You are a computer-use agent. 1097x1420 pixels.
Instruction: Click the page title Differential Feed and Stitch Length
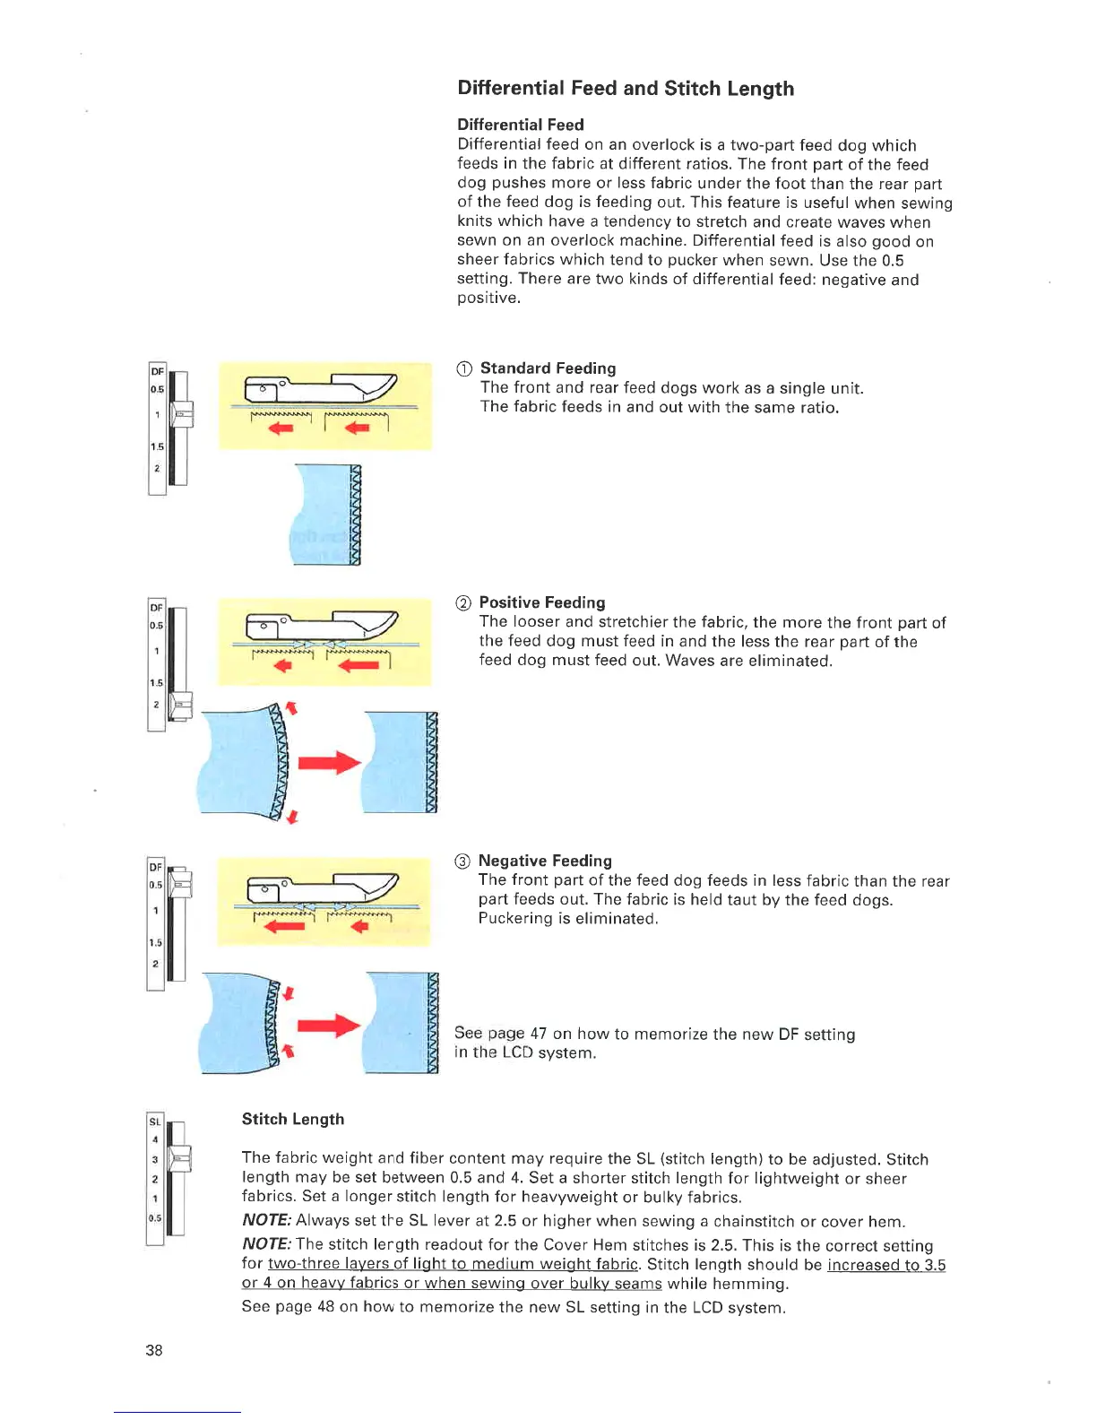click(x=626, y=88)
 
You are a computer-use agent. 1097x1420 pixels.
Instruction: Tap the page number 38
click(x=154, y=1350)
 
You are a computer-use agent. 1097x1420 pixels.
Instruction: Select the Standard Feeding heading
click(x=548, y=368)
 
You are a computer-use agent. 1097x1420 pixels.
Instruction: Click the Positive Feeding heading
click(x=541, y=602)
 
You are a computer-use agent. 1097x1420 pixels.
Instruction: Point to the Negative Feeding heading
click(x=544, y=861)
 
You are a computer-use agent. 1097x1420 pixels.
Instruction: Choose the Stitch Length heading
click(x=293, y=1119)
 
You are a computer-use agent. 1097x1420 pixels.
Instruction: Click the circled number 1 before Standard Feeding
click(x=463, y=369)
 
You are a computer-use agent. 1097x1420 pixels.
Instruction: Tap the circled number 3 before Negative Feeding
click(x=462, y=862)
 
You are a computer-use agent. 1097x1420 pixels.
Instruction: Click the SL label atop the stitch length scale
click(x=155, y=1121)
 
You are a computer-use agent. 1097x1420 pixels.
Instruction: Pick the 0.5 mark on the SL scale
click(x=155, y=1217)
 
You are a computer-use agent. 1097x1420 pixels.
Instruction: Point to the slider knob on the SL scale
click(x=179, y=1159)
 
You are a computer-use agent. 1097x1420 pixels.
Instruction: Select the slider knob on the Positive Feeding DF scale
click(x=180, y=706)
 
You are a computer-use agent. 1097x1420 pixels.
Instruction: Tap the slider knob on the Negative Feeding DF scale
click(x=179, y=884)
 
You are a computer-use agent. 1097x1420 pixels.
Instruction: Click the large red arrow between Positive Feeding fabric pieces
click(x=328, y=763)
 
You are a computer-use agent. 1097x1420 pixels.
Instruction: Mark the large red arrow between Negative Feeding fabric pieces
click(x=328, y=1026)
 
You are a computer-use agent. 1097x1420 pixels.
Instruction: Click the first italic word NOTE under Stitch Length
click(x=266, y=1221)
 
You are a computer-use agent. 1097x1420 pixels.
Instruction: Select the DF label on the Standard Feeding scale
click(x=157, y=371)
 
